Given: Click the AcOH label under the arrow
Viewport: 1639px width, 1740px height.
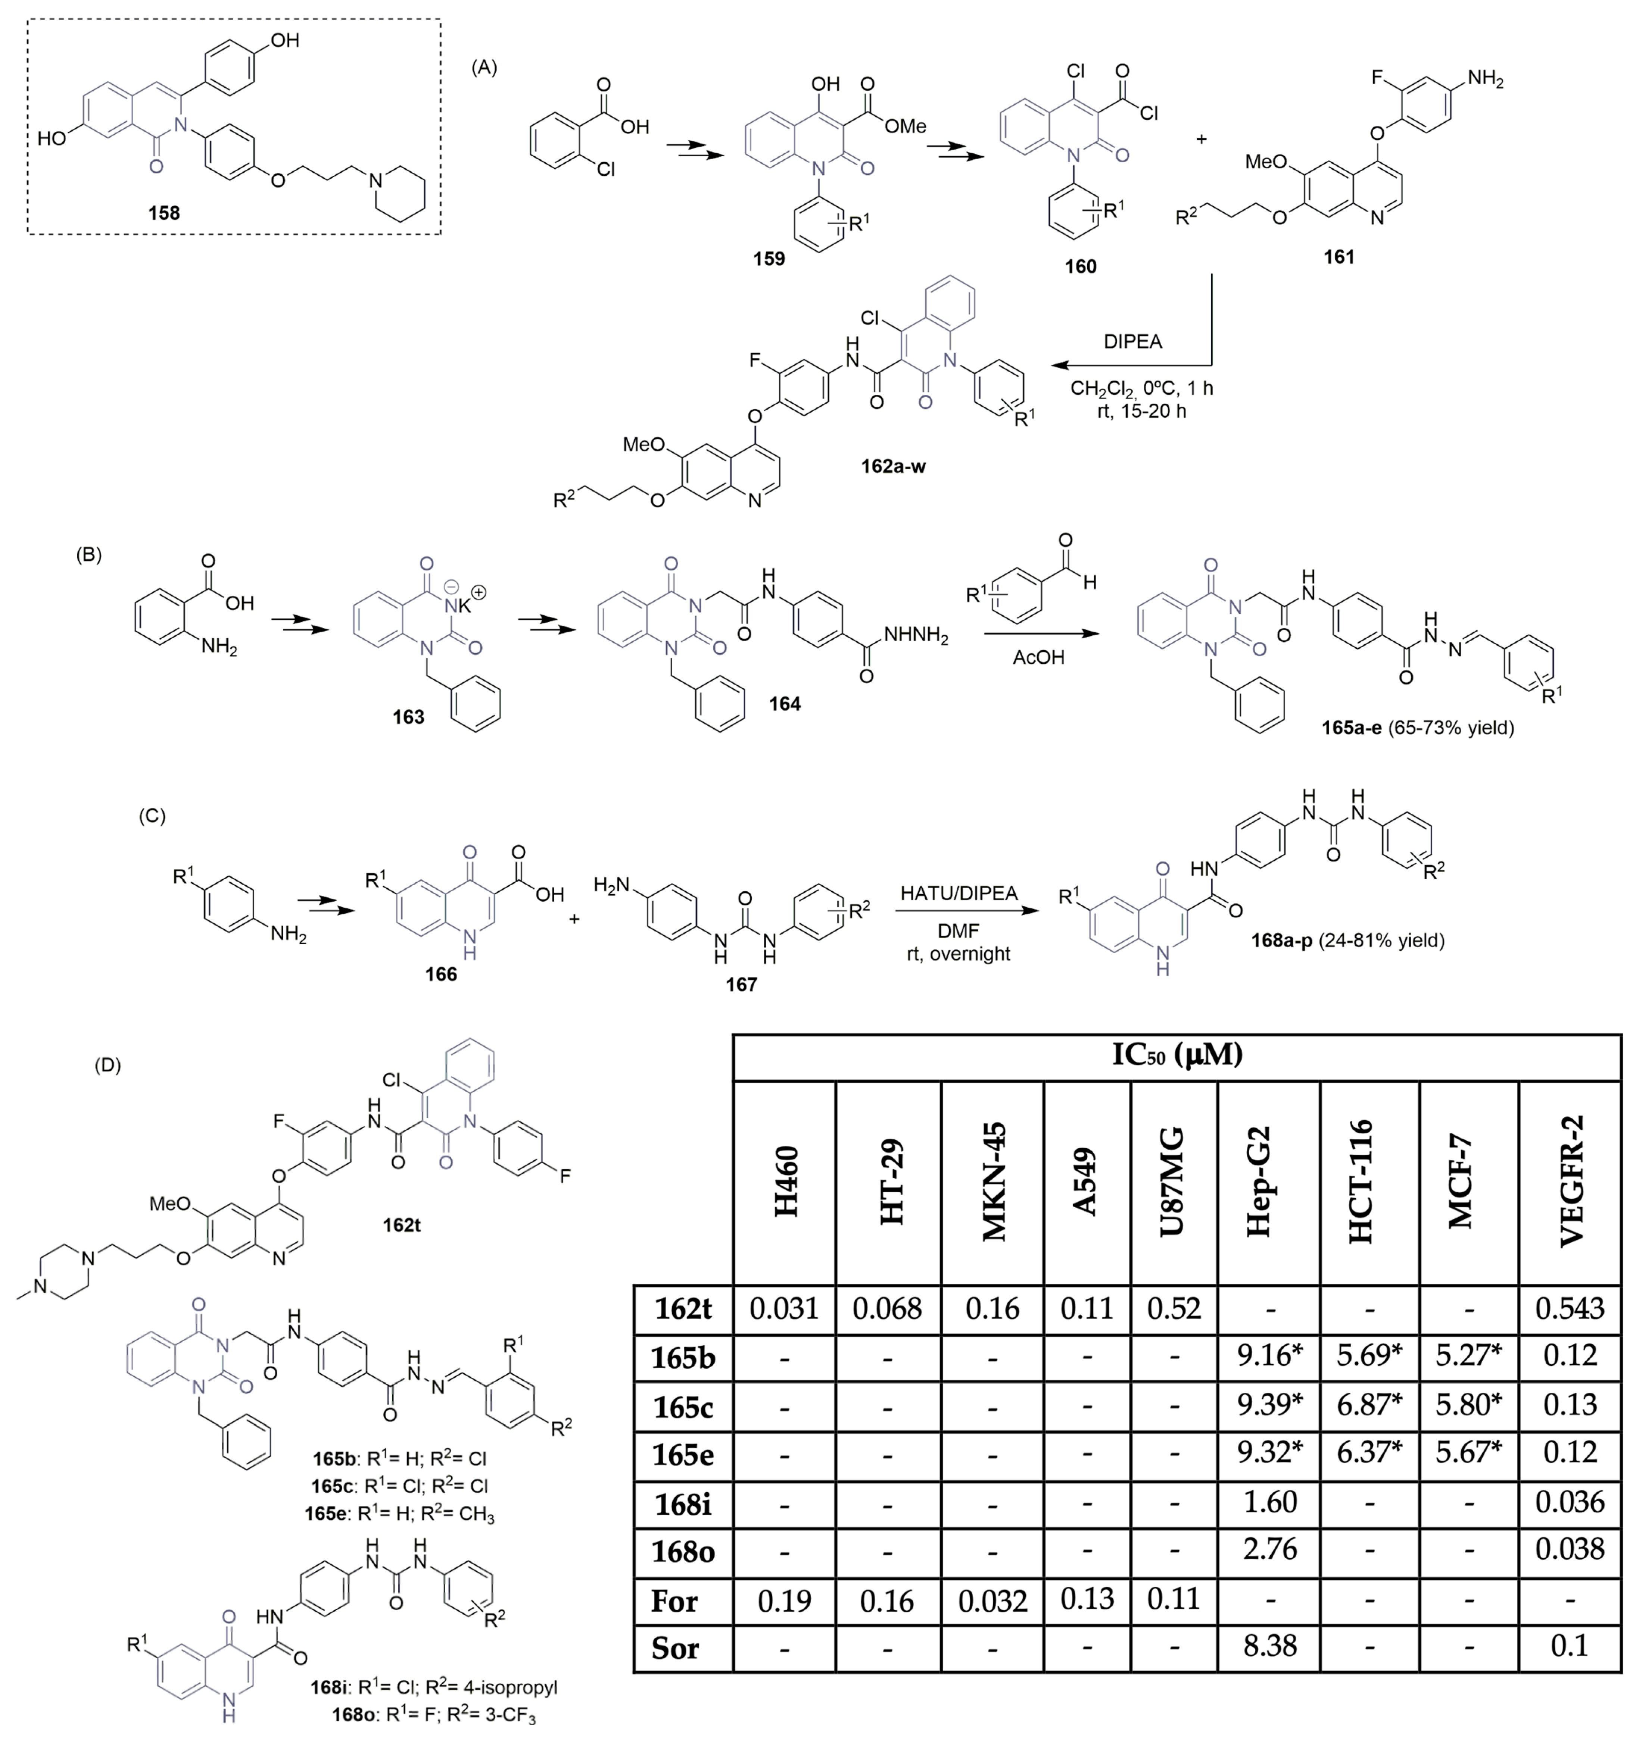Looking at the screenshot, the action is point(1038,657).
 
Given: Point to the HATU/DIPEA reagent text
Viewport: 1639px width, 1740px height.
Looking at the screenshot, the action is point(960,894).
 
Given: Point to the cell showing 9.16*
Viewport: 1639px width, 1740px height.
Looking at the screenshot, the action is point(1269,1356).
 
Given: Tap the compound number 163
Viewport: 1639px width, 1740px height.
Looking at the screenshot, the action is point(408,717).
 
